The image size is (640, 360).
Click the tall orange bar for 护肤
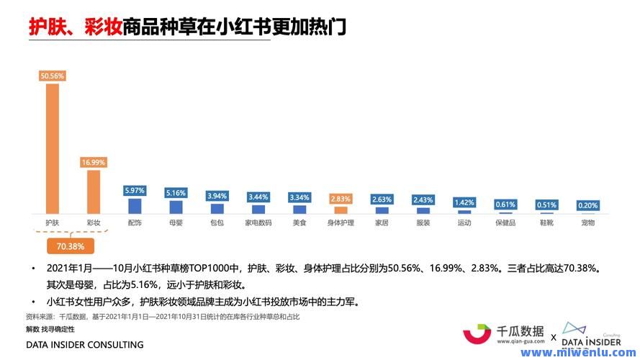tap(53, 148)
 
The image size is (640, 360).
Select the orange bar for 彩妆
tap(94, 191)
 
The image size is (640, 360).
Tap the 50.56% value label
tap(53, 75)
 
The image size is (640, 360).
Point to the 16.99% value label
tap(94, 163)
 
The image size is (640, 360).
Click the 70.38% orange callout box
tap(71, 246)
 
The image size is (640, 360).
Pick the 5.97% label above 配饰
tap(135, 191)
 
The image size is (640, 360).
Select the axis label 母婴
tap(176, 223)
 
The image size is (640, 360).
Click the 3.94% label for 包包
tap(217, 196)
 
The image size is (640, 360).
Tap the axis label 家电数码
tap(258, 223)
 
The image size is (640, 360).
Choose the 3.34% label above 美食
tap(299, 197)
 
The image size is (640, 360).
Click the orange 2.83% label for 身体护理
tap(341, 199)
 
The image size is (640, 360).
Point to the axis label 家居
tap(382, 223)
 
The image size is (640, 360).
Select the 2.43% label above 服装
tap(423, 199)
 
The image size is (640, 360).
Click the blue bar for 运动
tap(464, 212)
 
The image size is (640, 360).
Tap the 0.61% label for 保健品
tap(505, 204)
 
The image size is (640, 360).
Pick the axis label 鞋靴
tap(546, 223)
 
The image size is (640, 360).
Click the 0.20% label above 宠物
tap(587, 205)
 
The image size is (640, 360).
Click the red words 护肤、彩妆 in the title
tap(74, 27)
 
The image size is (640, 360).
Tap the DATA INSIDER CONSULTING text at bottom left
tap(84, 345)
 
